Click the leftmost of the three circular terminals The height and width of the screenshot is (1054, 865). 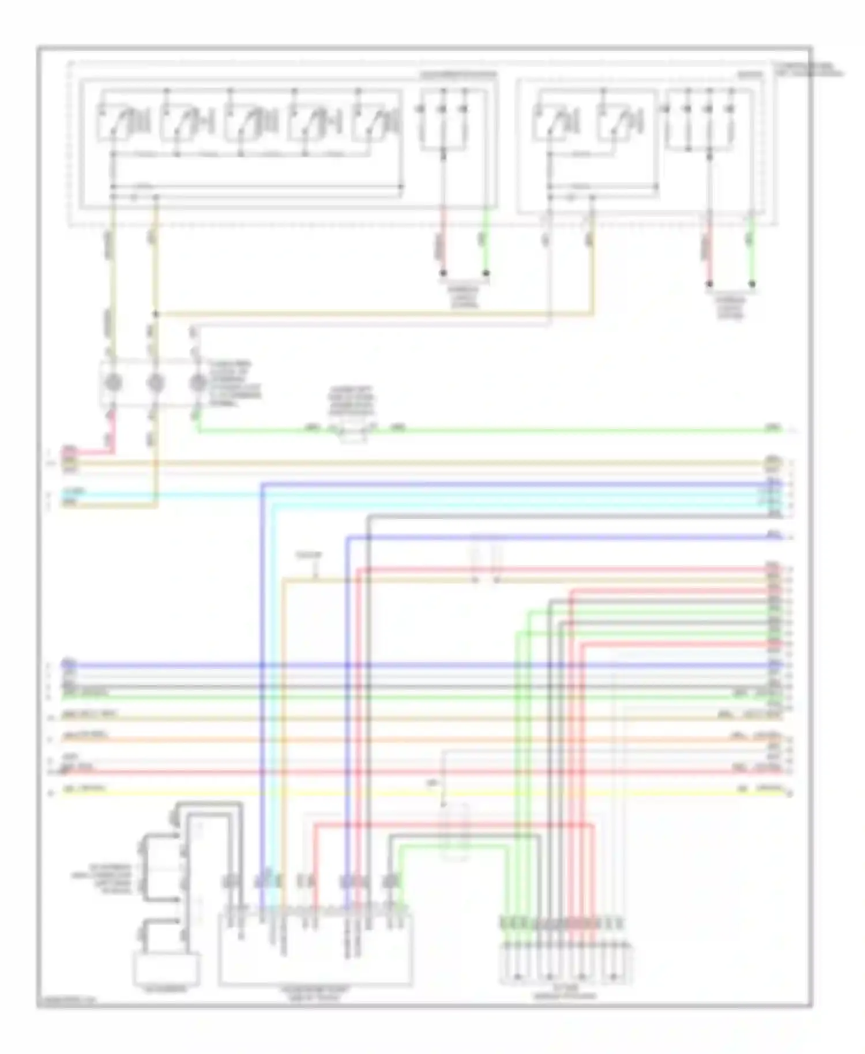click(x=113, y=382)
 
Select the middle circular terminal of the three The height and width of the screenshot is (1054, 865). click(x=155, y=382)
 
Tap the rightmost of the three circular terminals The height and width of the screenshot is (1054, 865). click(x=198, y=382)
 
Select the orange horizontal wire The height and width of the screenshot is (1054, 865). click(x=404, y=740)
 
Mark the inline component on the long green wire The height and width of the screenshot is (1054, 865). click(x=353, y=430)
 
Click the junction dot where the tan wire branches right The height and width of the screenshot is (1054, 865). click(x=156, y=314)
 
